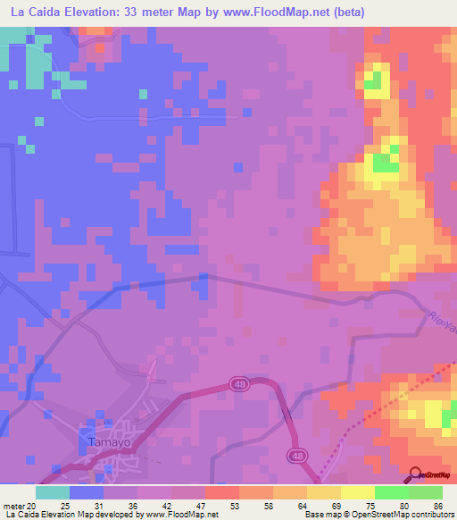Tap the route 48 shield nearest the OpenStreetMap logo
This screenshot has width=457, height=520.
tap(295, 457)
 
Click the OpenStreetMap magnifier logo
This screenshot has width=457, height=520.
tap(417, 474)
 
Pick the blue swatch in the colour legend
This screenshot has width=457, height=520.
tap(87, 492)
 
